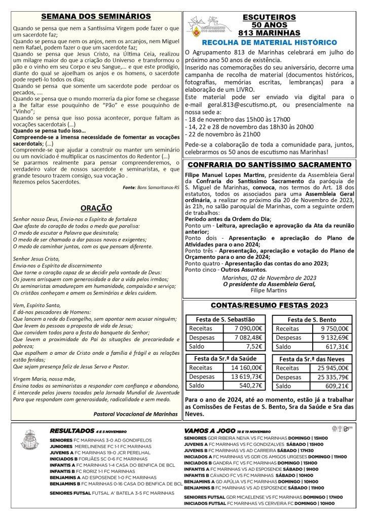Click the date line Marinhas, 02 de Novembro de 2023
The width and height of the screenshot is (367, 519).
[269, 277]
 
